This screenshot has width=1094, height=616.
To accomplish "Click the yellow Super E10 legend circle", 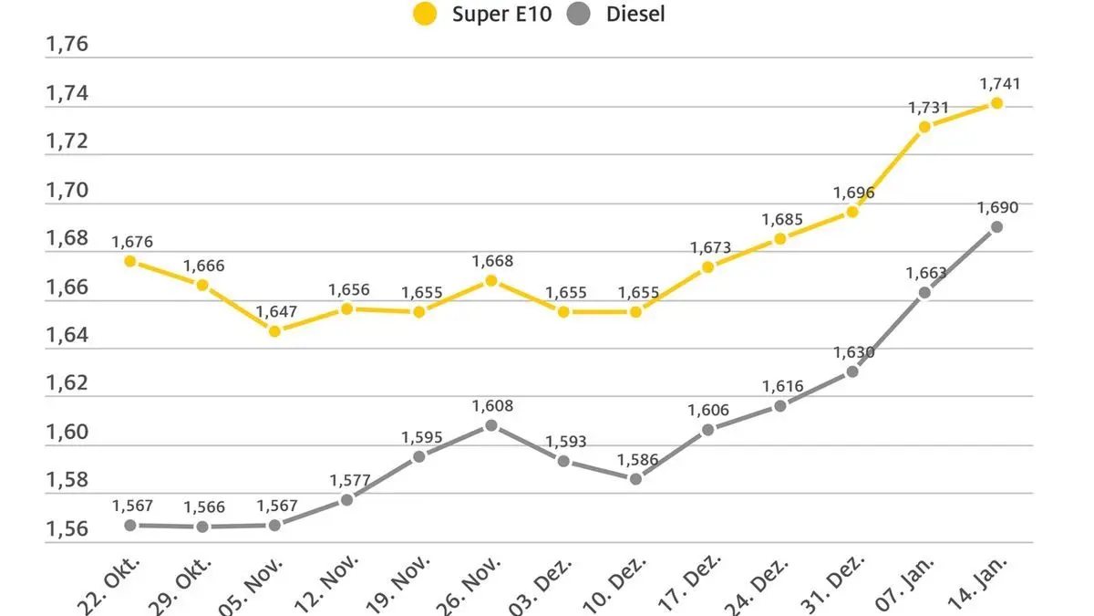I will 426,15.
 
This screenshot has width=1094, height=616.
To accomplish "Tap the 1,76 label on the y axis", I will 67,45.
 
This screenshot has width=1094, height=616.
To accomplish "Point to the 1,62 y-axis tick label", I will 67,382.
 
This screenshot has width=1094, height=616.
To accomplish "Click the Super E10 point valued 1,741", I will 996,103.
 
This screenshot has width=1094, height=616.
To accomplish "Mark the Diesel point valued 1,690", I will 996,226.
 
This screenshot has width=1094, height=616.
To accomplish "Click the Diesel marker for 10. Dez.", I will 635,478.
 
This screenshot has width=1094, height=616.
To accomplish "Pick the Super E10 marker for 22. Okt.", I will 130,261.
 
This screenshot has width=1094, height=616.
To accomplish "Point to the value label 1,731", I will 928,108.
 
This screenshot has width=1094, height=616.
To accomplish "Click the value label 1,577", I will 347,480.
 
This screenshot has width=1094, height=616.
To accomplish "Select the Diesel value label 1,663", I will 926,273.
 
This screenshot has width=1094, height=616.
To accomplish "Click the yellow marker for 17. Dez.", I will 707,267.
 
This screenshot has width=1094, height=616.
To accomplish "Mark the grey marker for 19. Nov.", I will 418,456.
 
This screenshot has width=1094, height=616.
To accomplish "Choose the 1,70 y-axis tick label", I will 67,190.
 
